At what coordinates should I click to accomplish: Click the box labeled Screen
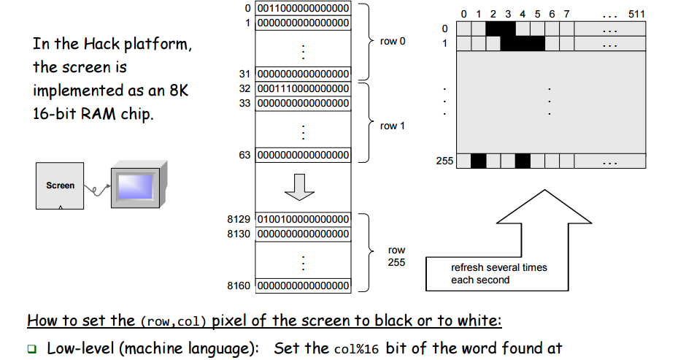coord(60,185)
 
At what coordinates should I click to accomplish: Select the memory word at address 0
coord(303,8)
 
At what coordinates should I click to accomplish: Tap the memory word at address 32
coord(303,88)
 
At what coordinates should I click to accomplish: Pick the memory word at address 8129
coord(303,219)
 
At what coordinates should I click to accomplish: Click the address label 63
coord(245,155)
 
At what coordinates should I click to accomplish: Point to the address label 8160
coord(239,285)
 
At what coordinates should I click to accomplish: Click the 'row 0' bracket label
coord(393,42)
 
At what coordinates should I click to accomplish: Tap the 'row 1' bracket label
coord(393,126)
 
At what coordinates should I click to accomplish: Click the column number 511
coord(636,15)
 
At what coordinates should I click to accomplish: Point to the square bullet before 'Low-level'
coord(32,349)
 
